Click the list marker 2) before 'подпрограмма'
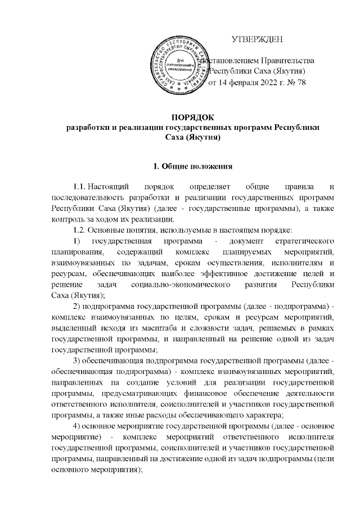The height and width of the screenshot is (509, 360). pos(78,305)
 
